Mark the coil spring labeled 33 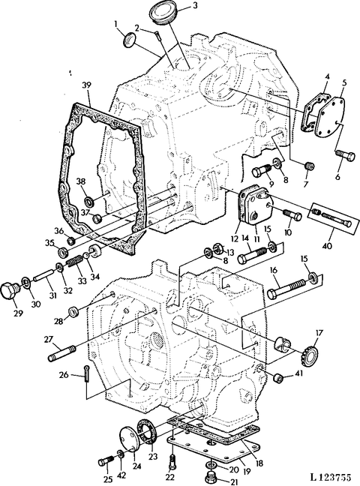click(74, 262)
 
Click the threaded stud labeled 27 click(62, 351)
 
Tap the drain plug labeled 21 click(211, 475)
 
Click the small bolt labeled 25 click(103, 459)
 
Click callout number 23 click(153, 455)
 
